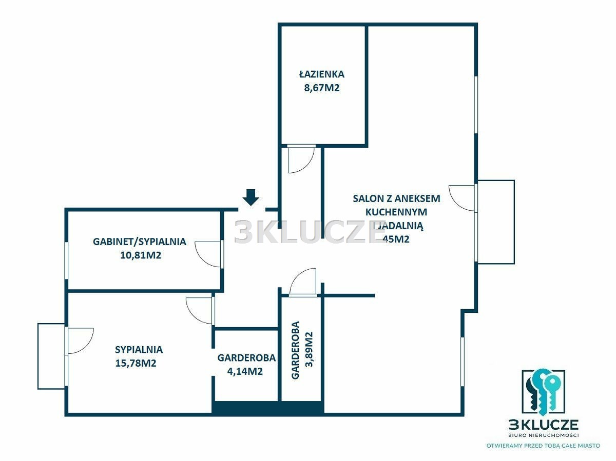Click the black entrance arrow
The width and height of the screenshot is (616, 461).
click(251, 197)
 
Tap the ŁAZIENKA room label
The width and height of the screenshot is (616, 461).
click(322, 74)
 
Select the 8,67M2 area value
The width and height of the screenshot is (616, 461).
click(322, 88)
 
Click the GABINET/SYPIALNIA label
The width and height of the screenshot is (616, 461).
click(140, 242)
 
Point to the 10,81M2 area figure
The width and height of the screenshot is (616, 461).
click(141, 255)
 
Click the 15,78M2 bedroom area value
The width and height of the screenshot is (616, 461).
click(136, 363)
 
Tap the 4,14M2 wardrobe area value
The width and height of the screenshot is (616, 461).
click(245, 371)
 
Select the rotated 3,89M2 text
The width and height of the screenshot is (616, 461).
click(309, 349)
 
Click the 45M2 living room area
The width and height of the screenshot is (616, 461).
click(396, 239)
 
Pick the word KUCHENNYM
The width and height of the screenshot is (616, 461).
click(396, 212)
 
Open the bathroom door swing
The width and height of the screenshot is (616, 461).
click(301, 159)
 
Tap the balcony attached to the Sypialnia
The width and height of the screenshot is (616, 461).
click(52, 356)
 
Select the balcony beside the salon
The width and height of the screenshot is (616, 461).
click(495, 222)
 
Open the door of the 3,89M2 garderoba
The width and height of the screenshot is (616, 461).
click(303, 282)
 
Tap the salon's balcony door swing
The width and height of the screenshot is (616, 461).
click(462, 198)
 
